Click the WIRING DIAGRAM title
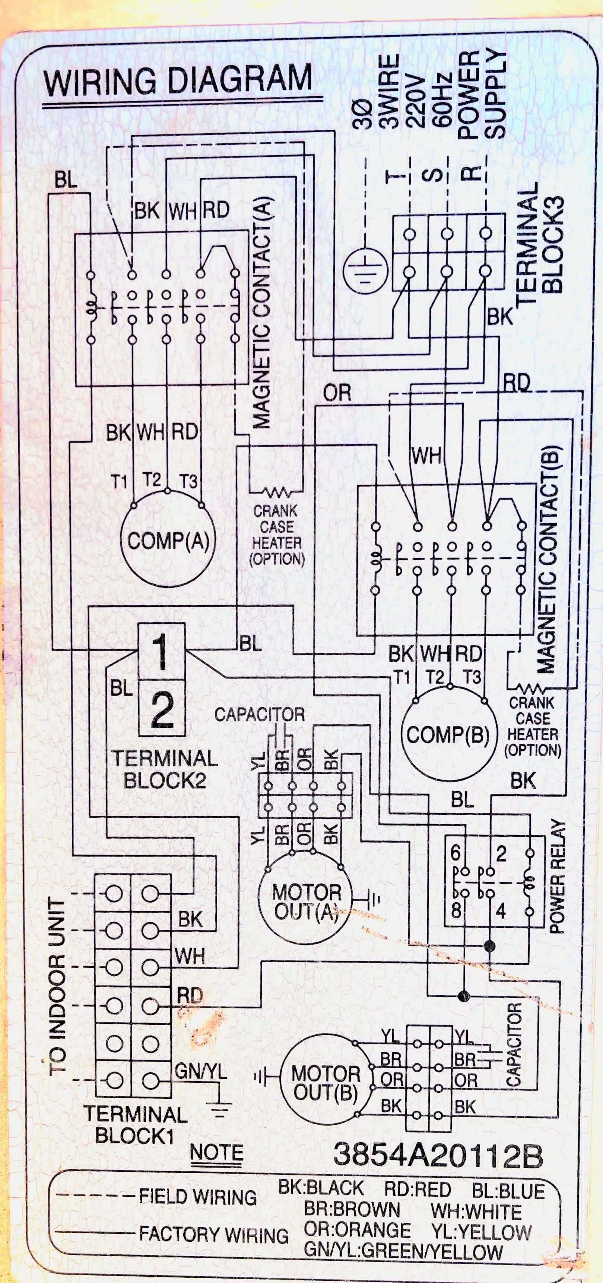click(178, 81)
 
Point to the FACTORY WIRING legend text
click(214, 1235)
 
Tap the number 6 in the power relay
click(456, 853)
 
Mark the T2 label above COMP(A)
click(152, 479)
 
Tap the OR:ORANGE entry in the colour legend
click(357, 1230)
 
